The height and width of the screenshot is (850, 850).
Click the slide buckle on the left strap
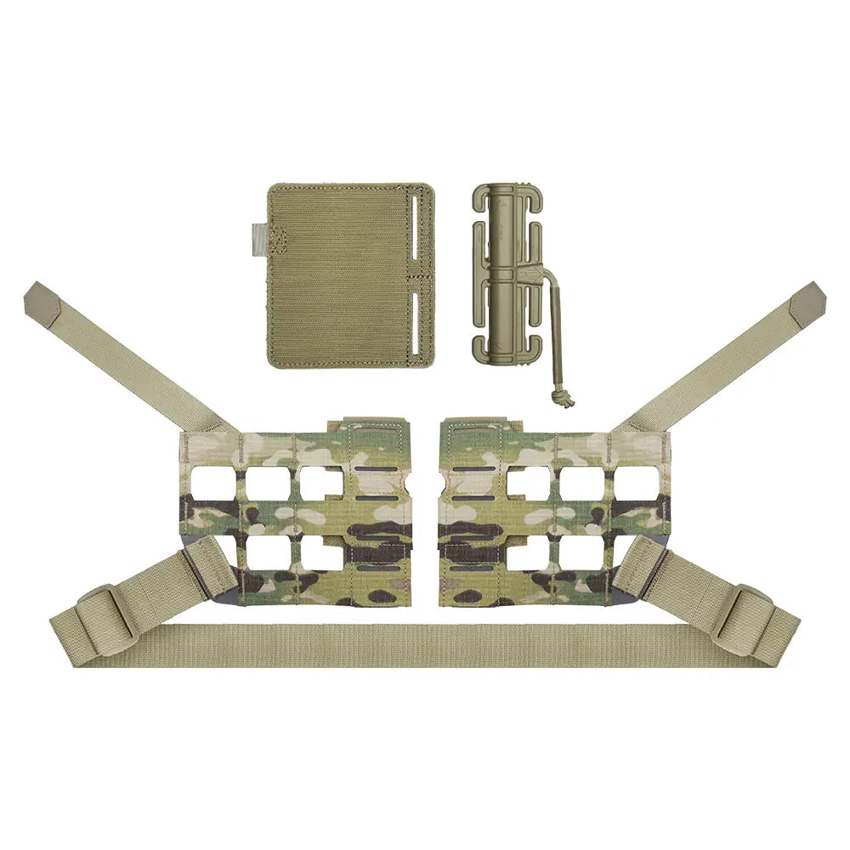click(105, 612)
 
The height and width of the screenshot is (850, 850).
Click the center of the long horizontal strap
click(425, 645)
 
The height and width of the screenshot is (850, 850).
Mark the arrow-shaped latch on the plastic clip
click(528, 274)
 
